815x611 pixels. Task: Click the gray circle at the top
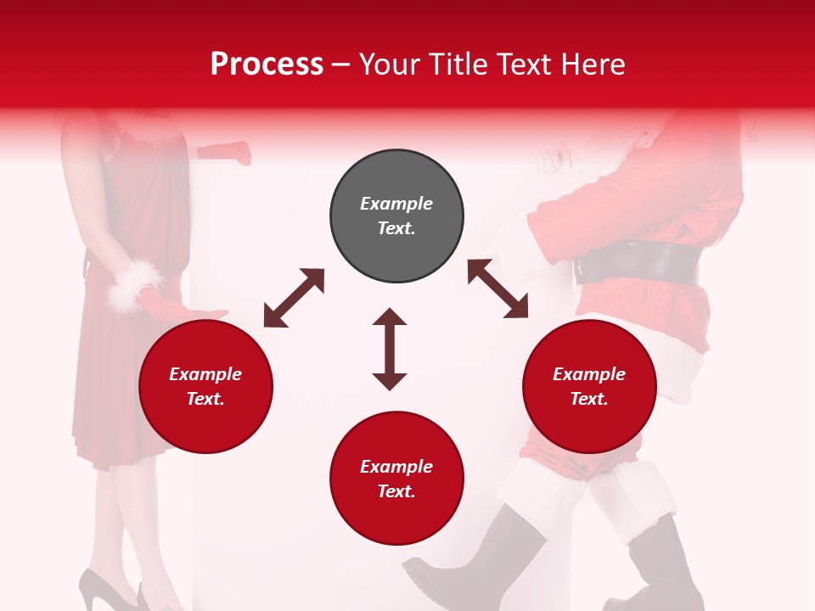tap(396, 216)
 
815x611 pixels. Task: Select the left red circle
tap(205, 386)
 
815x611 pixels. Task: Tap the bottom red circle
tap(396, 479)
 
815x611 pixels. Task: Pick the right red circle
tap(589, 386)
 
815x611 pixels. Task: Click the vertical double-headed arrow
tap(390, 349)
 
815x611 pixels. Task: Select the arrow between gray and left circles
tap(294, 298)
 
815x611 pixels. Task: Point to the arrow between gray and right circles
tap(497, 289)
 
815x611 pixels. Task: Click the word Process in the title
tap(267, 64)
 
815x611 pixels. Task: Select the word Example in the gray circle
tap(396, 204)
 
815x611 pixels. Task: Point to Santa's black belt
tap(637, 263)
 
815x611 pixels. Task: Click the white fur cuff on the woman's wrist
tap(133, 284)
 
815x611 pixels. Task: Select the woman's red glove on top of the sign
tap(226, 153)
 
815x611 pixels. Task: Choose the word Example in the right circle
tap(589, 374)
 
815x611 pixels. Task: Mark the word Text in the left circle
tap(205, 399)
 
